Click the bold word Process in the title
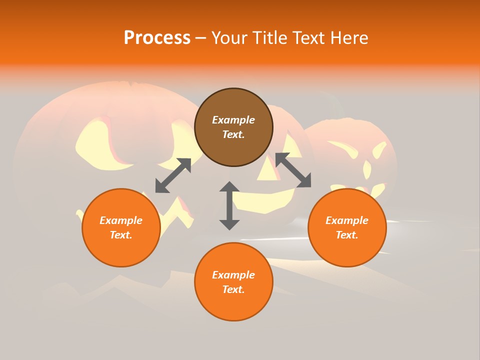(157, 38)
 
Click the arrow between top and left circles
(173, 175)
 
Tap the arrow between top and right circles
(293, 170)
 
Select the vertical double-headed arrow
(229, 206)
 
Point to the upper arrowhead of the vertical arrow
(229, 187)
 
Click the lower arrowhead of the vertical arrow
(229, 224)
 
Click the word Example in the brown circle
(233, 120)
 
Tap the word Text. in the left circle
(121, 235)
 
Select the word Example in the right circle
(347, 220)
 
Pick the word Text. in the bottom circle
(233, 289)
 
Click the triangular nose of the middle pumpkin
(268, 169)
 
